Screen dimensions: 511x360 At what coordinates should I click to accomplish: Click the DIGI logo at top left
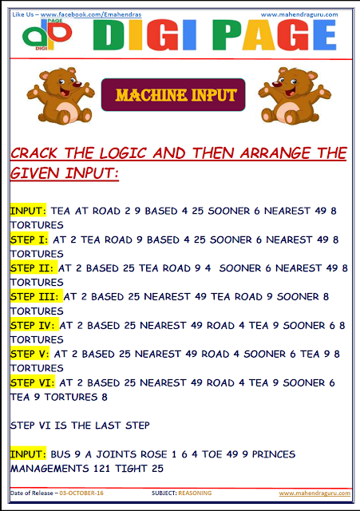pos(49,35)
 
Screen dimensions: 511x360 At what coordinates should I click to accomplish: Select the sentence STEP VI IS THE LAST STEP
pos(80,425)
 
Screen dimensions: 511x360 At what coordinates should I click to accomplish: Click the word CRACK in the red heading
pos(38,153)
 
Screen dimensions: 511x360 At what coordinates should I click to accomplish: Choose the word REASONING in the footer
pos(196,493)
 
